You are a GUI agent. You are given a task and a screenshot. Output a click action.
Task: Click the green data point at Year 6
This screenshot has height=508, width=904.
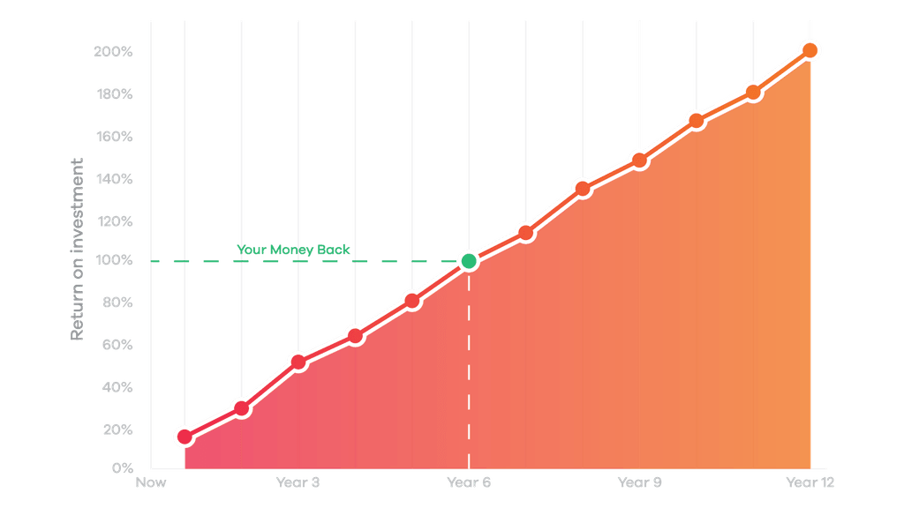point(469,261)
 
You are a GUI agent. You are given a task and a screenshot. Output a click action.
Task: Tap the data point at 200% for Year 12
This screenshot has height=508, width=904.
point(810,50)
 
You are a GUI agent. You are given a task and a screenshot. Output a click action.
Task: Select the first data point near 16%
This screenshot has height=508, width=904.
point(185,437)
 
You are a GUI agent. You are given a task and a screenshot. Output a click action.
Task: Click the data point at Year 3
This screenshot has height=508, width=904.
point(298,362)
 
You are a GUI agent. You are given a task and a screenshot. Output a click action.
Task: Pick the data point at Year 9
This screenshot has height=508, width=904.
point(639,161)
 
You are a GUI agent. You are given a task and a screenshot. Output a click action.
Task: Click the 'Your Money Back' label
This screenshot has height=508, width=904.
point(293,250)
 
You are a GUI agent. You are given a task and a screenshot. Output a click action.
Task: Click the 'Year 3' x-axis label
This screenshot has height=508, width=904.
point(298,482)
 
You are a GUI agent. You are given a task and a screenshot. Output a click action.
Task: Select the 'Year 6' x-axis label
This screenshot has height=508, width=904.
point(469,482)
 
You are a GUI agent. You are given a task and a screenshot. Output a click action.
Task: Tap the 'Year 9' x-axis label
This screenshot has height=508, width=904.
point(639,482)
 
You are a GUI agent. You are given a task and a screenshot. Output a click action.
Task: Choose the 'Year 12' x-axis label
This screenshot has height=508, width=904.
point(810,482)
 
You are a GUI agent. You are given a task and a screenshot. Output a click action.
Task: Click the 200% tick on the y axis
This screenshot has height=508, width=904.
point(112,52)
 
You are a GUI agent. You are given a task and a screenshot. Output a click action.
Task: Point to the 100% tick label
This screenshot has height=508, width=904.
point(112,261)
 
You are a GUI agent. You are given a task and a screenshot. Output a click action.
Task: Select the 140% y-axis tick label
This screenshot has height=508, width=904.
point(112,179)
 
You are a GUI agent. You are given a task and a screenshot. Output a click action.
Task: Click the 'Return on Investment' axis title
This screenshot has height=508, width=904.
point(78,250)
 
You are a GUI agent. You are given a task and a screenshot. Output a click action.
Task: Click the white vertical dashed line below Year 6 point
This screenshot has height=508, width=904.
point(469,370)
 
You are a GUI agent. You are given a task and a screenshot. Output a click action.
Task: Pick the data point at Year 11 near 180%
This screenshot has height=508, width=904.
point(753,92)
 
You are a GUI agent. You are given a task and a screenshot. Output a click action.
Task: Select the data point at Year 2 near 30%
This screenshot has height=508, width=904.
point(241,408)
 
